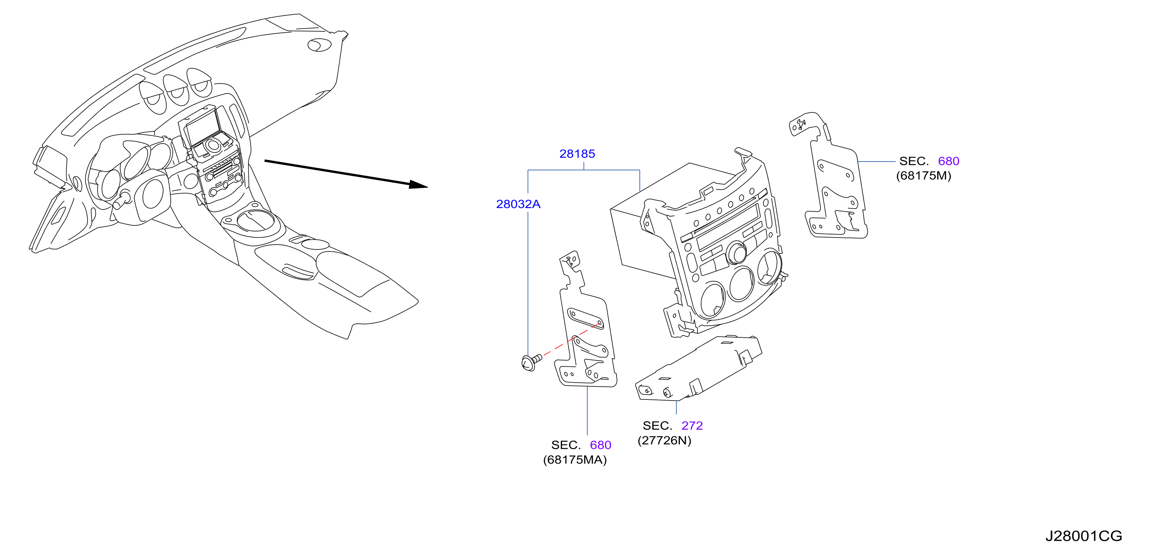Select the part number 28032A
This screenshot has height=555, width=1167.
click(518, 204)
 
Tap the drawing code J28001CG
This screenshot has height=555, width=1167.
click(1083, 536)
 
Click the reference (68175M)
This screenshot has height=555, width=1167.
click(923, 176)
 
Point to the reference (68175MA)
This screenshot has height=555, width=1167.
click(574, 460)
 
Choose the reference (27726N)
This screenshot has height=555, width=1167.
click(664, 441)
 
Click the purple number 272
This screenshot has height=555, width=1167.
click(692, 426)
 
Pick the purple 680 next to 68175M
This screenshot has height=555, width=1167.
click(948, 161)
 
